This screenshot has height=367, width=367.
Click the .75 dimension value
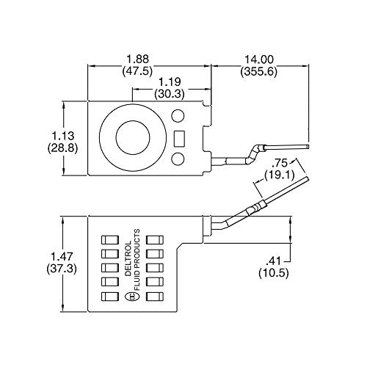pos(280,163)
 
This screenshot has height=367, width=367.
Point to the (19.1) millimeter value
pos(280,176)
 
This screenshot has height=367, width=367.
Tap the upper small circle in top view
pos(178,115)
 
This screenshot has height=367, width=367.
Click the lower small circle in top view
pos(178,159)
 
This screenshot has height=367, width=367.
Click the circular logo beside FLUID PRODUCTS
pos(131,297)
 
